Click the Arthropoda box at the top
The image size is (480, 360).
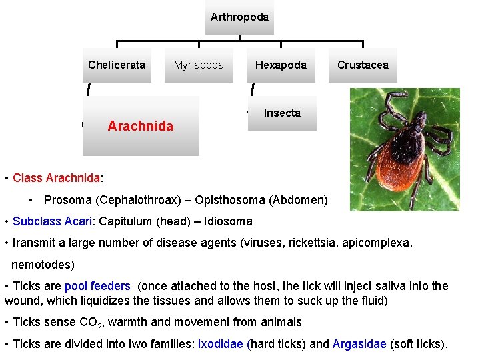point(239,17)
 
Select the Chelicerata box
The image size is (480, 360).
point(117,65)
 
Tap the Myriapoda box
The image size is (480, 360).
point(199,65)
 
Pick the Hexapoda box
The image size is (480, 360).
point(281,65)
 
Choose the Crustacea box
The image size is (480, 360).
point(363,65)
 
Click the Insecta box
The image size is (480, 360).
point(282,113)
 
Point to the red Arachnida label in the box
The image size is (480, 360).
point(140,126)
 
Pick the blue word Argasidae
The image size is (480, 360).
point(359,344)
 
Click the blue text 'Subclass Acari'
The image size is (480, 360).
point(55,221)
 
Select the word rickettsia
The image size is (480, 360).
point(313,243)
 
